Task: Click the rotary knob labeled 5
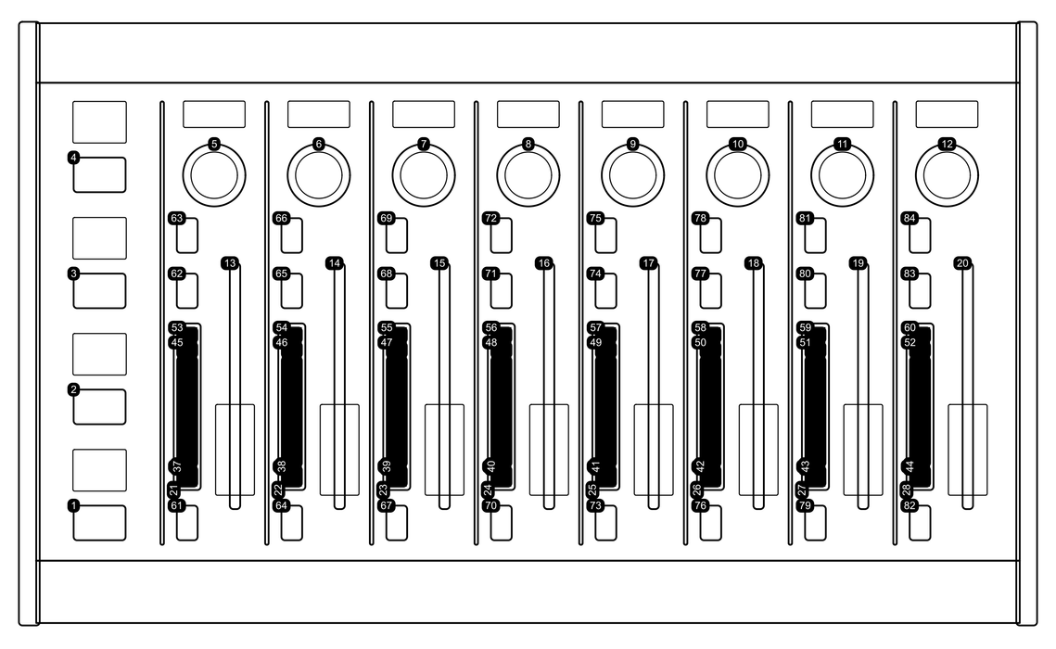pyautogui.click(x=214, y=175)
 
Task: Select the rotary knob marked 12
pyautogui.click(x=947, y=175)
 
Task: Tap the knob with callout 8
pyautogui.click(x=528, y=175)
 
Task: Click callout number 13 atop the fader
pyautogui.click(x=230, y=263)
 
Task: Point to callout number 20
pyautogui.click(x=962, y=263)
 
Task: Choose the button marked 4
pyautogui.click(x=100, y=175)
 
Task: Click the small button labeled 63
pyautogui.click(x=187, y=235)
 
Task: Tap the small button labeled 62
pyautogui.click(x=187, y=291)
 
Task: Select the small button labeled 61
pyautogui.click(x=187, y=523)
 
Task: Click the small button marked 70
pyautogui.click(x=501, y=523)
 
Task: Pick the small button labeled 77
pyautogui.click(x=710, y=291)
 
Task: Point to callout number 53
pyautogui.click(x=176, y=328)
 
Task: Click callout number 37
pyautogui.click(x=177, y=465)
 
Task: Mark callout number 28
pyautogui.click(x=906, y=490)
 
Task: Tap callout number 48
pyautogui.click(x=491, y=343)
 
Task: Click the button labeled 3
pyautogui.click(x=100, y=291)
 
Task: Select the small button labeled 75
pyautogui.click(x=606, y=235)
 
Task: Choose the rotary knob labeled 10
pyautogui.click(x=737, y=175)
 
